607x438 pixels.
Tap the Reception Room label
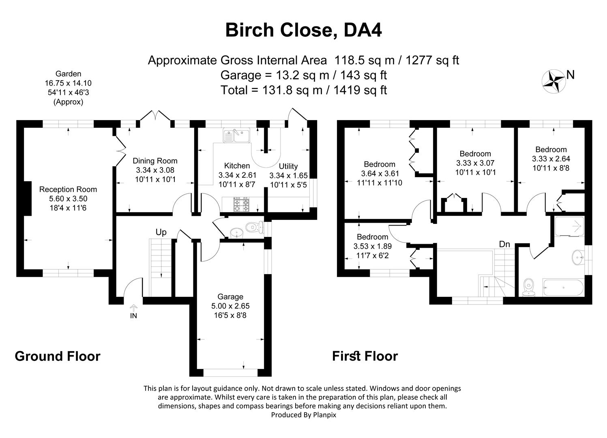pos(68,189)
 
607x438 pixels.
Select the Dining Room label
pos(155,161)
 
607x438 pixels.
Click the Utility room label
pos(288,166)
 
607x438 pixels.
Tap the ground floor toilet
pos(254,227)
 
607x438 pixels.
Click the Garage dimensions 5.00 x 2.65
pos(230,306)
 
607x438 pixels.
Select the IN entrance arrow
pos(134,309)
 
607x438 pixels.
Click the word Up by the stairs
pos(161,232)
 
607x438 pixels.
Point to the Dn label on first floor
pos(504,244)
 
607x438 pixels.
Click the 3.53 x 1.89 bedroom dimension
pos(372,246)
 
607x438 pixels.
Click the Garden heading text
pos(68,74)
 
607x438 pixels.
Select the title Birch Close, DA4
pos(303,30)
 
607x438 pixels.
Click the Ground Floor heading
pos(57,356)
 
